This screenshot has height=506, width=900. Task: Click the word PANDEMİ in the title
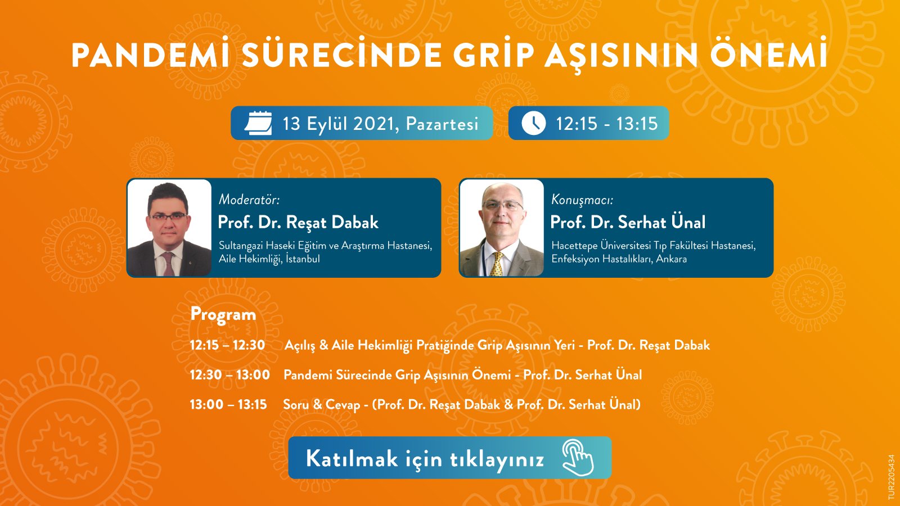tap(150, 56)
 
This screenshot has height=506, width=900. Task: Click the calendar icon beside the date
tap(258, 123)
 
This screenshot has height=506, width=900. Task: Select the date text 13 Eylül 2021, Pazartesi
tap(380, 124)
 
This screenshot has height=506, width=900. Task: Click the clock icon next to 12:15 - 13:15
tap(533, 123)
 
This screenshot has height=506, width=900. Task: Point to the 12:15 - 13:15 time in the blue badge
tap(606, 124)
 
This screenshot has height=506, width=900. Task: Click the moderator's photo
tap(169, 228)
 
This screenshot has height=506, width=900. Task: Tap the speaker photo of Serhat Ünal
tap(502, 228)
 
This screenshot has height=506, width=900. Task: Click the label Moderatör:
tap(249, 200)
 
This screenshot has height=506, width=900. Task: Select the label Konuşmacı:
tap(582, 200)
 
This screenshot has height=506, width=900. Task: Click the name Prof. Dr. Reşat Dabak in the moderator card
tap(298, 223)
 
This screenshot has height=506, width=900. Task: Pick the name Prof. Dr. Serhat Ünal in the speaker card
tap(628, 223)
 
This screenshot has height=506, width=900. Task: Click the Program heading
tap(223, 314)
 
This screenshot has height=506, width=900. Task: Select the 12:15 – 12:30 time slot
tap(227, 345)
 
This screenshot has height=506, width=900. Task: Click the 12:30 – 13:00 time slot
tap(229, 375)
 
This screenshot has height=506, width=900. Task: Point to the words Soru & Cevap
tap(321, 405)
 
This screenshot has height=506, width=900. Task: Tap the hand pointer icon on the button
tap(578, 458)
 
